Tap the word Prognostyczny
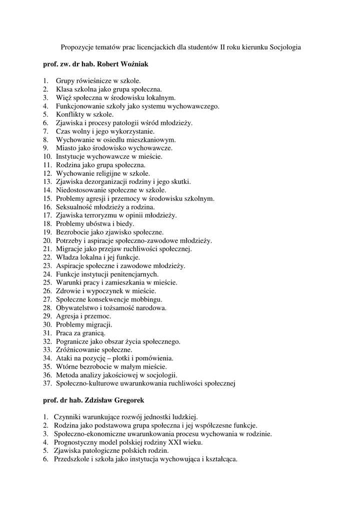[75, 442]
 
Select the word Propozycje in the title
[78, 47]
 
